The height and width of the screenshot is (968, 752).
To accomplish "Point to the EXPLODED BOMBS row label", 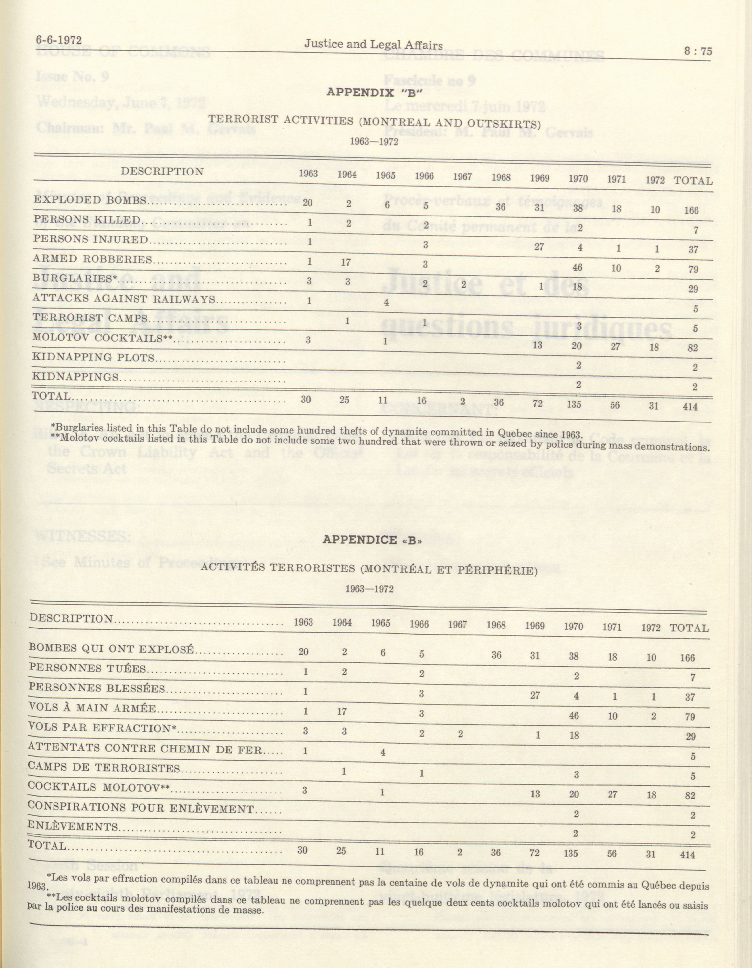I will [90, 200].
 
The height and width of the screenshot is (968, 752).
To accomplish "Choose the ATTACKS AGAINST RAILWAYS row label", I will [124, 299].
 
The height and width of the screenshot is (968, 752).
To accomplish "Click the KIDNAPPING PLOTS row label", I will [94, 357].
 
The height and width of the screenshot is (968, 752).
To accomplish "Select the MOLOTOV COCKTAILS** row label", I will [102, 338].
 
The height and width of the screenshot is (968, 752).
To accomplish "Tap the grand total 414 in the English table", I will [690, 406].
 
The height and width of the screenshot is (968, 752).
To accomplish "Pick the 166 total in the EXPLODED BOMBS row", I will [691, 210].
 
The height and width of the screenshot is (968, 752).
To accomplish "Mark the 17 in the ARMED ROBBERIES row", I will [346, 262].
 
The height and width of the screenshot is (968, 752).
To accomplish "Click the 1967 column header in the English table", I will [462, 177].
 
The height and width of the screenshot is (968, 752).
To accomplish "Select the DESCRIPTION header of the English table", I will [162, 172].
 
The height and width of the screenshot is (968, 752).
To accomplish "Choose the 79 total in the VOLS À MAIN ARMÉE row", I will [690, 717].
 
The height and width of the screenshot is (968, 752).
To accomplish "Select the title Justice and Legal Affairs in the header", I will [373, 44].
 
